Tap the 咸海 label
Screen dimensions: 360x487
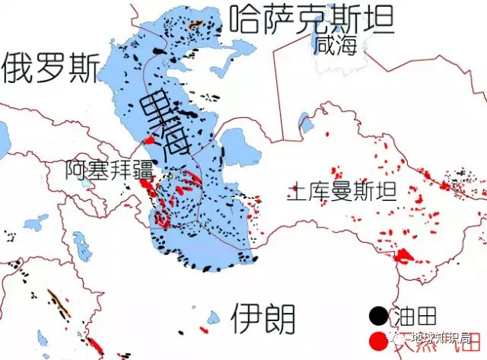(338, 43)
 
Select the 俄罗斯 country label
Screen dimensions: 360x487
(49, 68)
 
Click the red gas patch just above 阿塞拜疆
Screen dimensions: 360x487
(150, 141)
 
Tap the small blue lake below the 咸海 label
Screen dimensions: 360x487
(306, 122)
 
